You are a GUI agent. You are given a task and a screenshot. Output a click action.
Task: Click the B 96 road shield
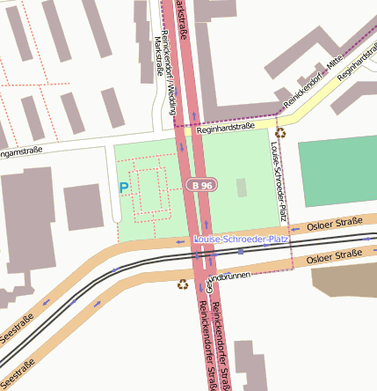tap(201, 186)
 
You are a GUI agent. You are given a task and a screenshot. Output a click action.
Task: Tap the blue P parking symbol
tap(124, 188)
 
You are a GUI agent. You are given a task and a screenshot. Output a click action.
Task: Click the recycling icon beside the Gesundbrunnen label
tap(183, 284)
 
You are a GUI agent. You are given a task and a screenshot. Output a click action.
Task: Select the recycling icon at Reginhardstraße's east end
tap(279, 133)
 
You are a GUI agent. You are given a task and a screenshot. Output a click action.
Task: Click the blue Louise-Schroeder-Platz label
tap(241, 240)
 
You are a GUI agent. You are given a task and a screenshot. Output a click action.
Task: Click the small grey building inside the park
tap(243, 188)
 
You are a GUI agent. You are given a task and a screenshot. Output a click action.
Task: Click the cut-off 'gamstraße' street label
tap(20, 154)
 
